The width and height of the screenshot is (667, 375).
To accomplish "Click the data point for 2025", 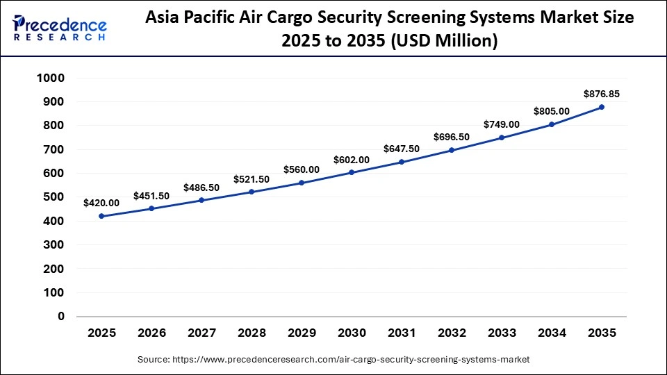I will click(x=101, y=216).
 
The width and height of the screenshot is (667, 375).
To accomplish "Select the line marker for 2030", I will click(x=352, y=172).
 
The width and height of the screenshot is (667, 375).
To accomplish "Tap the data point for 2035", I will click(x=602, y=107).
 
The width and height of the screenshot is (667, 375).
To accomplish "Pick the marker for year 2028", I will click(x=252, y=192).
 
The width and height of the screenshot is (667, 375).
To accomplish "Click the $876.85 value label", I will click(x=602, y=93).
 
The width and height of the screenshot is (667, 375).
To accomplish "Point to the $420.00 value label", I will click(x=101, y=203).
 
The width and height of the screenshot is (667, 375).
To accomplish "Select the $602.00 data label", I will click(x=352, y=159).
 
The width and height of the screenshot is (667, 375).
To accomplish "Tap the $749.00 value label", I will click(x=502, y=124).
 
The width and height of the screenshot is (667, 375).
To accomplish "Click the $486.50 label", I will click(x=201, y=187).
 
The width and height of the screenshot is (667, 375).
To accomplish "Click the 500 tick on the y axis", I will click(x=54, y=197).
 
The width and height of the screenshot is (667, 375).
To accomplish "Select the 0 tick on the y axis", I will click(x=61, y=317).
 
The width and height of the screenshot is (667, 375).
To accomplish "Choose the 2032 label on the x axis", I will click(x=452, y=334).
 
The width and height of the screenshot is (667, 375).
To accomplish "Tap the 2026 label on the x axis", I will click(x=151, y=334).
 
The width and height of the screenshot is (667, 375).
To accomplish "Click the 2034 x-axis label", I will click(x=552, y=334).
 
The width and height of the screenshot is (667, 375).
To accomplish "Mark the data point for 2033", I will click(x=502, y=137).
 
